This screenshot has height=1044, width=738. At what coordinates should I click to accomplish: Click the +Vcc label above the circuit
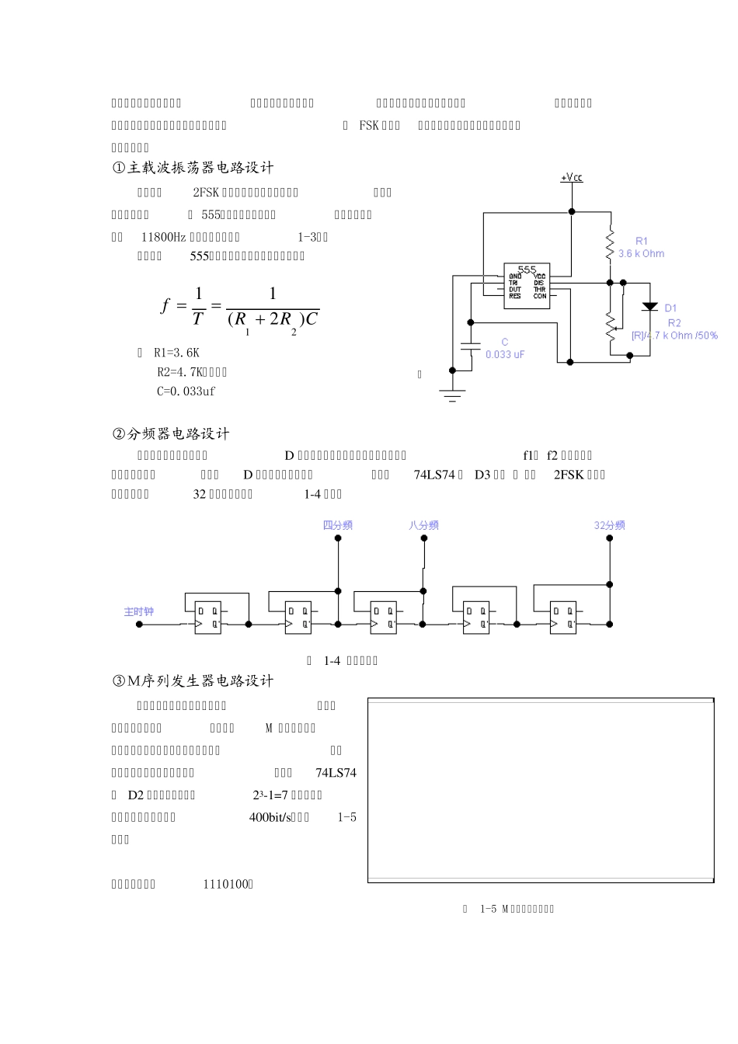572,178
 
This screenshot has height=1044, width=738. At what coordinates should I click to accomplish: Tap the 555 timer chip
527,285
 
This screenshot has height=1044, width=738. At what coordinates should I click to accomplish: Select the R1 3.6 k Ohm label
641,248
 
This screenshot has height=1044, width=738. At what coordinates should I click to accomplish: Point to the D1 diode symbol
650,308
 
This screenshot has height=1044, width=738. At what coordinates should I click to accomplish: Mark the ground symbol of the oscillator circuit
451,395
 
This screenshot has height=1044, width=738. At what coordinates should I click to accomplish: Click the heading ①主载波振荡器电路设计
193,168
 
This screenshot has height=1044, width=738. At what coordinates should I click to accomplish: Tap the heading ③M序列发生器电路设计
193,681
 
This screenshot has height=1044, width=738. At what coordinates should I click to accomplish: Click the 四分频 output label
338,525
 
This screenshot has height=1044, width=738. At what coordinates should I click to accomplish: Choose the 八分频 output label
423,525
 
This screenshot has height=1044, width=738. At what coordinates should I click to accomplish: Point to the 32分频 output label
609,525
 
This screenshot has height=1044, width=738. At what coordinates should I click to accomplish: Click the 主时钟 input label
139,612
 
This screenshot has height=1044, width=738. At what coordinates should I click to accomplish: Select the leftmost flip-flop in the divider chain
207,618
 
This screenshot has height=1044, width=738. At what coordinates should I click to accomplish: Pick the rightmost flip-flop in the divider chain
562,618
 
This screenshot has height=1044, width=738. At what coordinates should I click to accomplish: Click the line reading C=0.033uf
186,391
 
